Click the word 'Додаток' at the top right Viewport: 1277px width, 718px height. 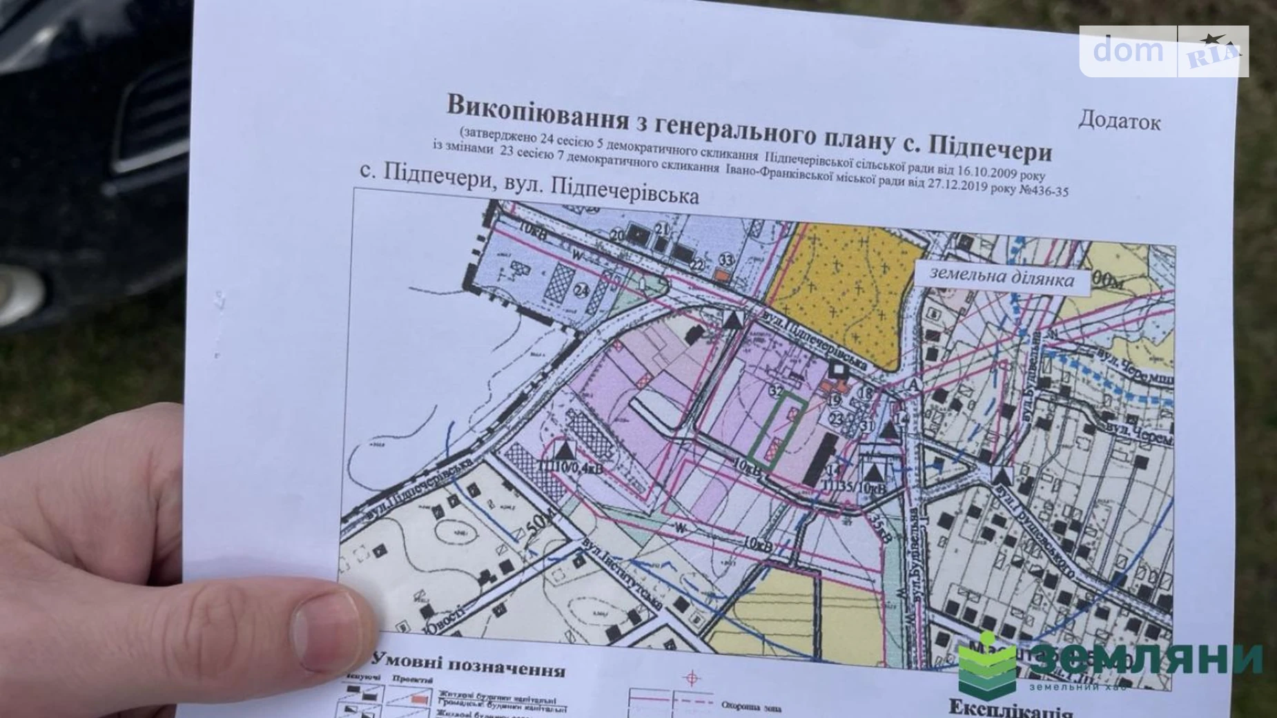click(1119, 122)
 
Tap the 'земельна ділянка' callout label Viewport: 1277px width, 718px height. click(1002, 278)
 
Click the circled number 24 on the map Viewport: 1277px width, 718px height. click(582, 290)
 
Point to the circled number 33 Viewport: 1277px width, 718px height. click(725, 260)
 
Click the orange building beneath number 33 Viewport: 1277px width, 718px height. click(722, 275)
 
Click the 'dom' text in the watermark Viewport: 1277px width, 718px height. click(1128, 50)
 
